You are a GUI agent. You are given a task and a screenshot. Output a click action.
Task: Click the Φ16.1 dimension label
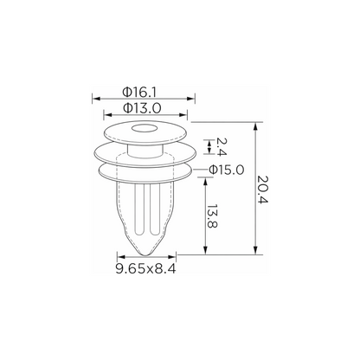139,93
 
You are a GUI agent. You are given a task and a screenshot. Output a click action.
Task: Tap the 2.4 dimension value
222,147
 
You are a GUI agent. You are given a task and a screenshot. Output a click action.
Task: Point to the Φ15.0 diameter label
227,170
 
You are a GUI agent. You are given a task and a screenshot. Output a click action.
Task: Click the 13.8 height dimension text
213,216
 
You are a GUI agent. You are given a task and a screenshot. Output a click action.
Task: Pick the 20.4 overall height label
263,189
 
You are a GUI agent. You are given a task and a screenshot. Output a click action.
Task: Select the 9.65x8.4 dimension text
145,269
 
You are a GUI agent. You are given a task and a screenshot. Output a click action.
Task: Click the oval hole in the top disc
144,128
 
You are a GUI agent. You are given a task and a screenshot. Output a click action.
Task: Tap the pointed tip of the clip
146,254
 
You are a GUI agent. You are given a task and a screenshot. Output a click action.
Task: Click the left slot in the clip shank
138,209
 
